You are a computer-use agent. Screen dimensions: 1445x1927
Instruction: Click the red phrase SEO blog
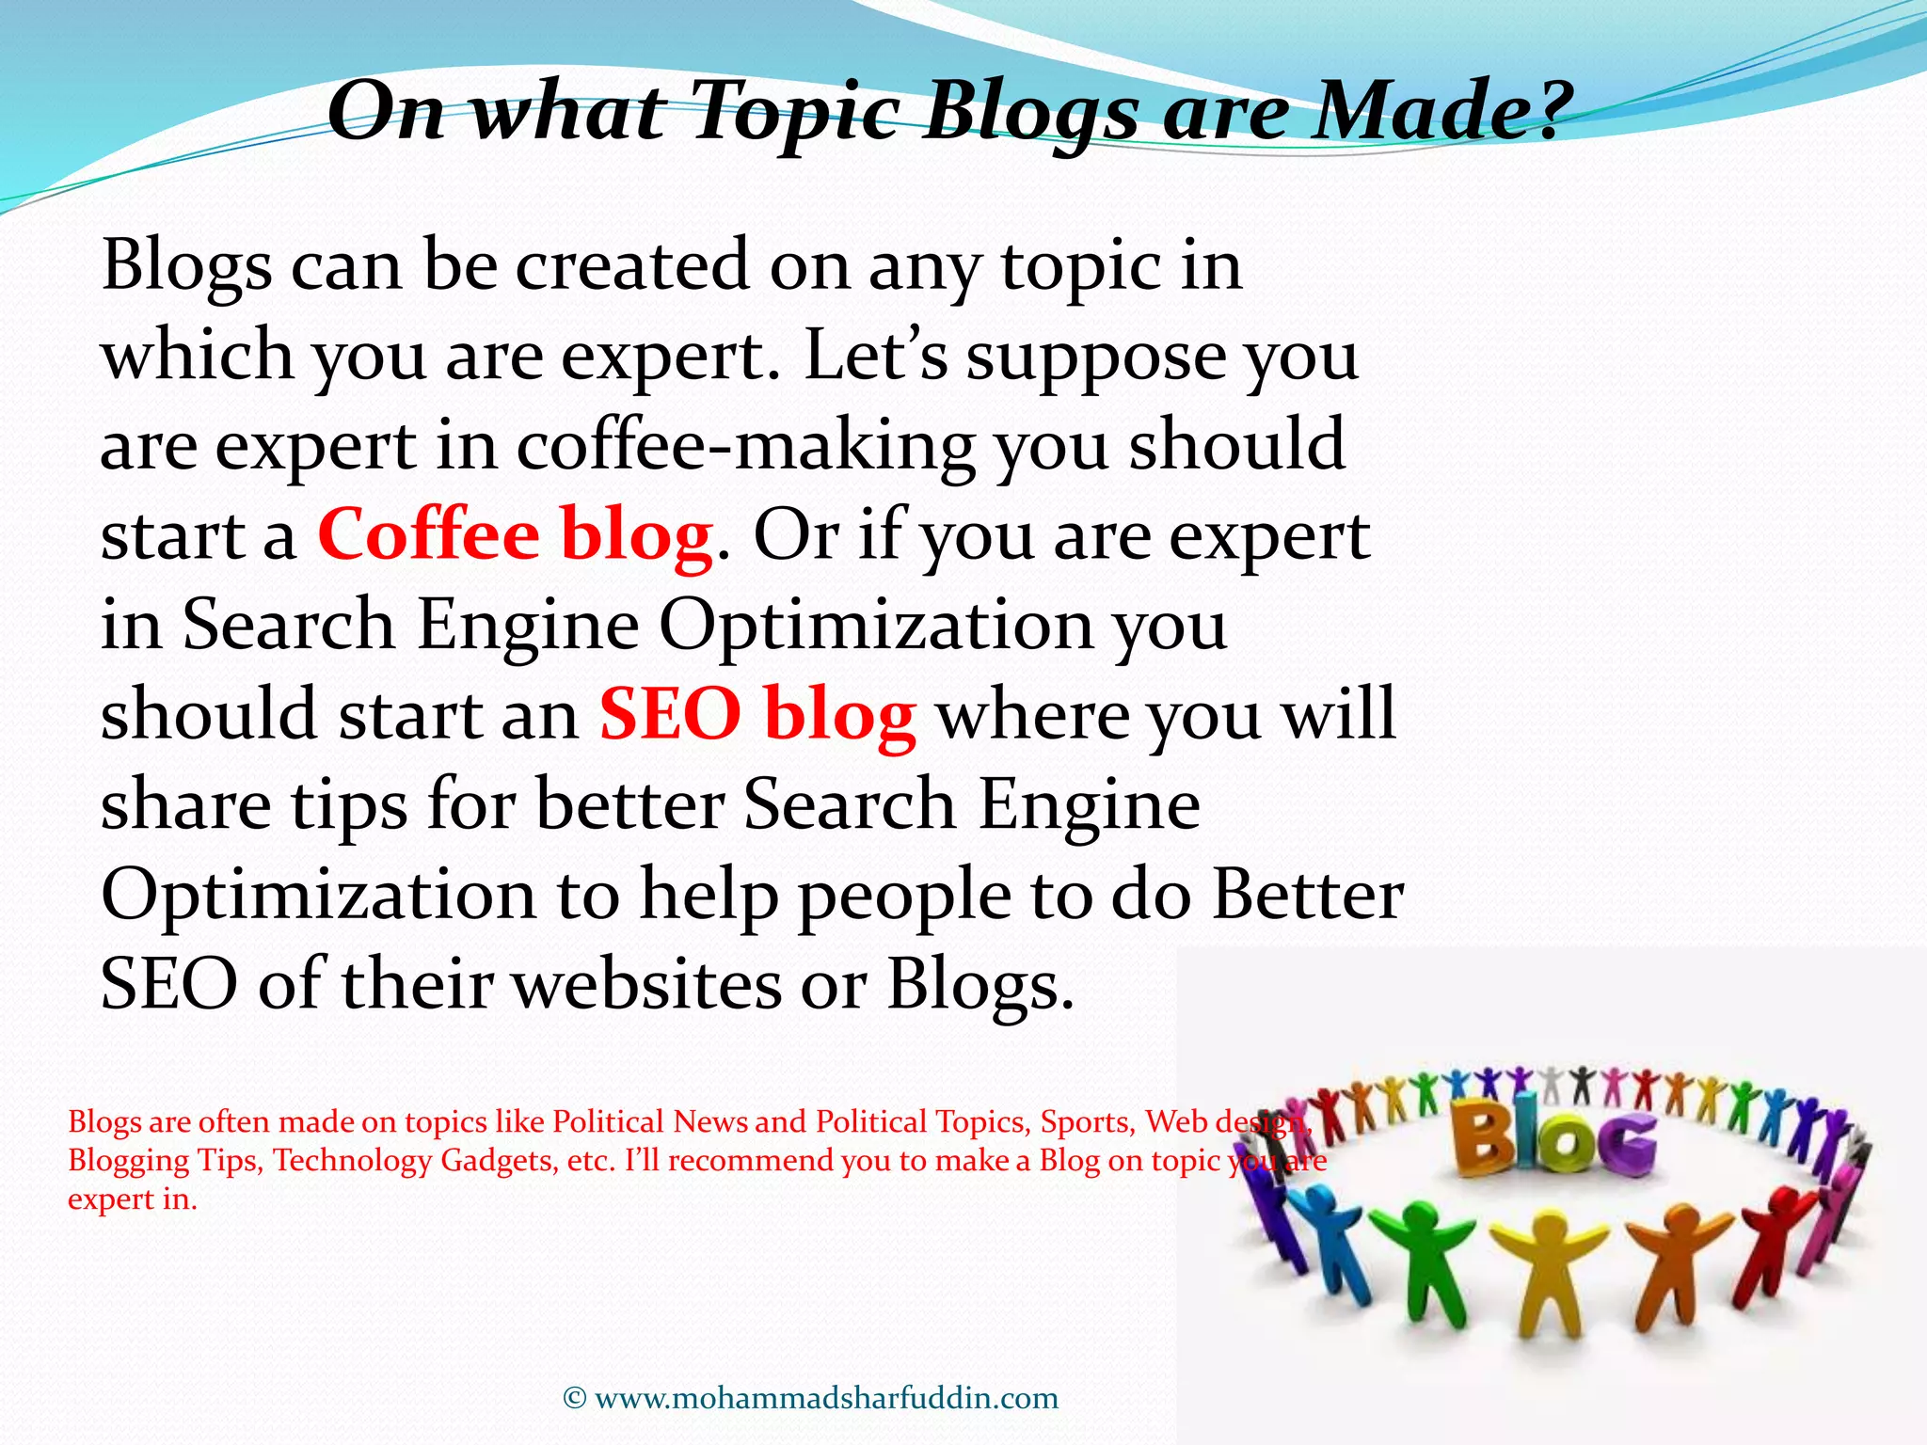(x=757, y=714)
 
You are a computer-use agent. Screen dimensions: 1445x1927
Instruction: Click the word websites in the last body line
(x=649, y=984)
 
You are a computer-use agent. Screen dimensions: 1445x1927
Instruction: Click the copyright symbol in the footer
(x=574, y=1398)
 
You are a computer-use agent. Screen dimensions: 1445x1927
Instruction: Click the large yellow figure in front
(x=1549, y=1270)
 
